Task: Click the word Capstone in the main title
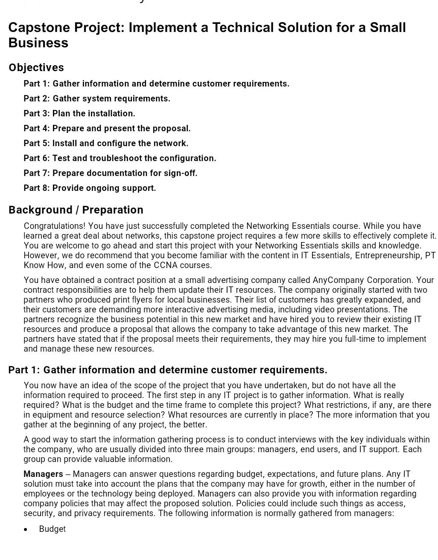(39, 28)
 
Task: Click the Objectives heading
(36, 68)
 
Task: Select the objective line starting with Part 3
(79, 113)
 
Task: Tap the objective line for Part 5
(106, 143)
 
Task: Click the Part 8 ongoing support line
(90, 188)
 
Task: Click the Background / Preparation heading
(76, 210)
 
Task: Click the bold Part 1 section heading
(168, 370)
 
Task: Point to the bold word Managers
(43, 474)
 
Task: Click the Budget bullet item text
(53, 529)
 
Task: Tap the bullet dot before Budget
(26, 529)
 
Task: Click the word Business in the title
(38, 43)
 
